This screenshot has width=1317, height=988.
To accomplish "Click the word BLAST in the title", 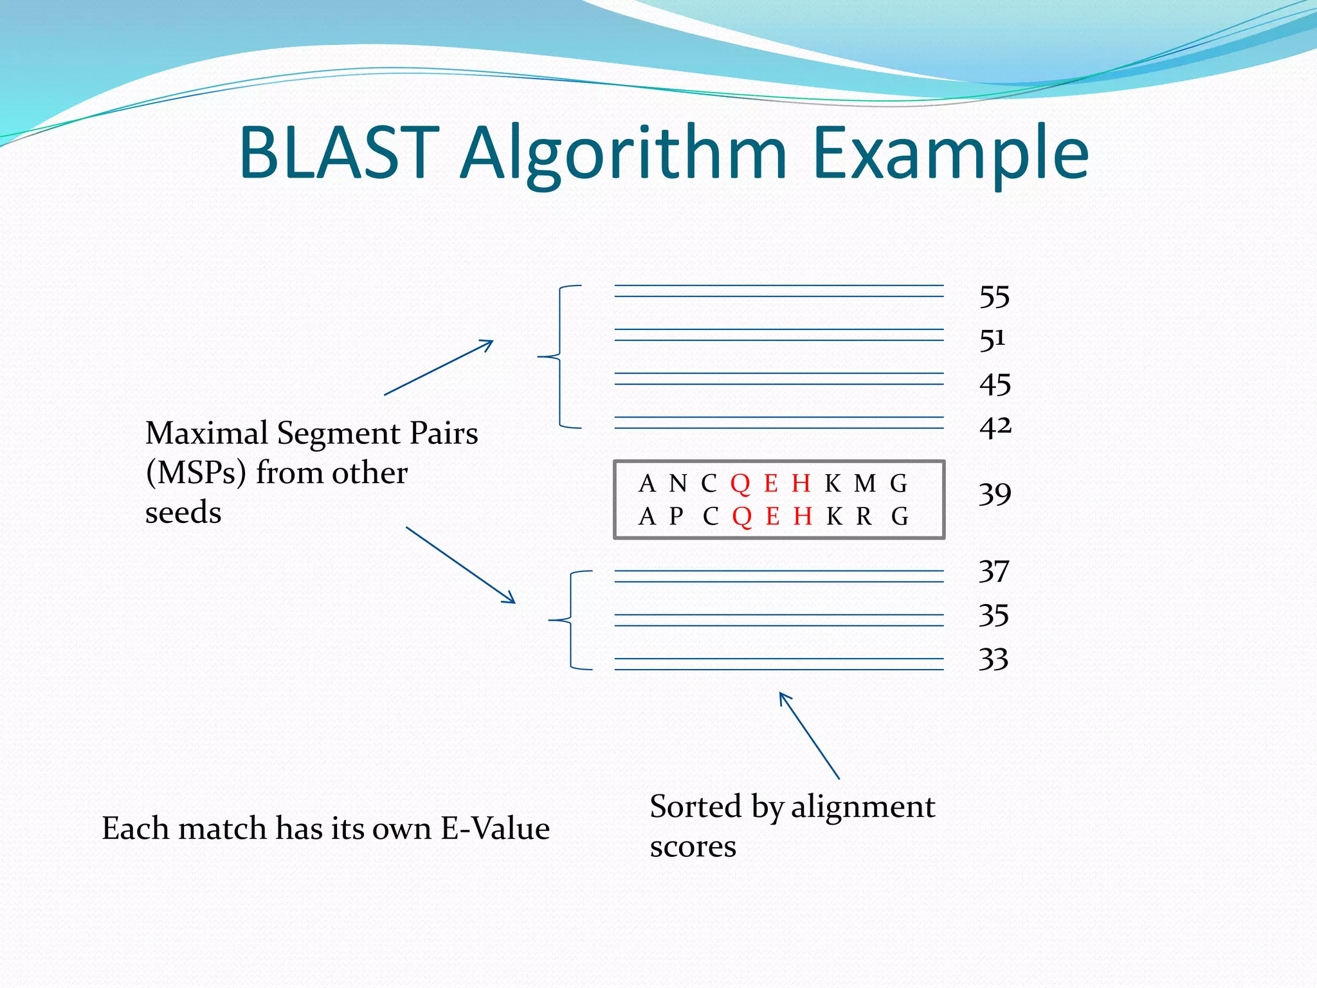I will [x=339, y=153].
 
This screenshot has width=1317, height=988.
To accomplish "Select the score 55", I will [x=994, y=297].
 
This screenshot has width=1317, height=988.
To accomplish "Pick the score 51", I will [x=992, y=340].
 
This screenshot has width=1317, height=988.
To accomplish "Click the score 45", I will [x=995, y=385].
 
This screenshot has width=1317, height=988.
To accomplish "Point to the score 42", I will [x=995, y=427].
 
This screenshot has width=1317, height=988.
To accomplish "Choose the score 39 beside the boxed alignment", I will [x=995, y=495].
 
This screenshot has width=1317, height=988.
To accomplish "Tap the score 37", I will [x=994, y=572].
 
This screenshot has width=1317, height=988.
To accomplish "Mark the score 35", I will [x=994, y=616].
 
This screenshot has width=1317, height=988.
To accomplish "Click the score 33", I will [x=994, y=660].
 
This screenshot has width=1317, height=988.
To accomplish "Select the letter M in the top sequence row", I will [x=864, y=483].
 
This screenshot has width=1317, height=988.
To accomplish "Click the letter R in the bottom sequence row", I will [x=864, y=517].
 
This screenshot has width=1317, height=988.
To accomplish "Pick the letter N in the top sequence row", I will [x=678, y=483].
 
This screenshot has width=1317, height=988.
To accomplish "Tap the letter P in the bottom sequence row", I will [x=676, y=517].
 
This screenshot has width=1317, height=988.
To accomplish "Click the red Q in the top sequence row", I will [x=740, y=483].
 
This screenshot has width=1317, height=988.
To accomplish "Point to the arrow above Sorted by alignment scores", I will [x=809, y=735].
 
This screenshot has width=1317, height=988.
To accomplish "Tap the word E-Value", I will [x=495, y=828].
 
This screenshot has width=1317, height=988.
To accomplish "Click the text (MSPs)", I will [x=196, y=473].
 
